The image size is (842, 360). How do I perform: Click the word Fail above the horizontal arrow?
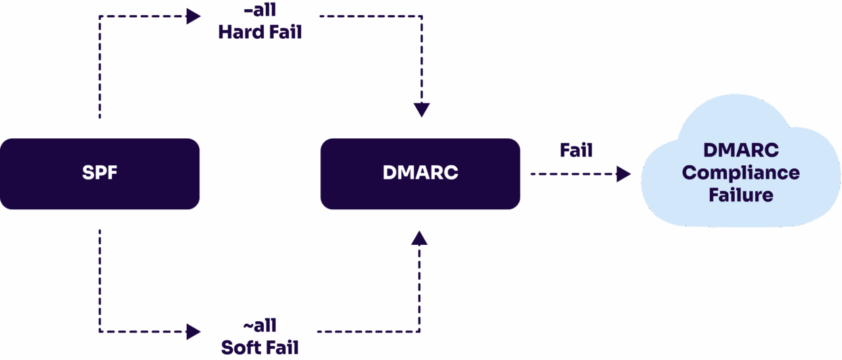pos(576,151)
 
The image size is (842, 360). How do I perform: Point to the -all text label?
pos(260,11)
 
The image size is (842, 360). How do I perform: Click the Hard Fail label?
pos(260,32)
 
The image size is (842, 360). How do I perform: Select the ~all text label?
pos(260,326)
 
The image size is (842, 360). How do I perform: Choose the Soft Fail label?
pos(260,347)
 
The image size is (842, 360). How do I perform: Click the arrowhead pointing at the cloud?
pos(624,174)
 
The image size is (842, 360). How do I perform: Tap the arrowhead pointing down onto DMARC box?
pos(422,110)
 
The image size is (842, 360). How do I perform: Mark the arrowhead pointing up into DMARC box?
pos(419,238)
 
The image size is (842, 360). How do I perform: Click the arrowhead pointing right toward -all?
pos(193,16)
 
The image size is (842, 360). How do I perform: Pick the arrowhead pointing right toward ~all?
pos(193,332)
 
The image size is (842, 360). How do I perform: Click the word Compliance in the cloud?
pos(741,173)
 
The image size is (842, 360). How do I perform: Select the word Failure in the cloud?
pos(741,195)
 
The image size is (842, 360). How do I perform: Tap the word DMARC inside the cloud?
pos(741,151)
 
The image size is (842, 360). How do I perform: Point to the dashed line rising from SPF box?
pos(99,66)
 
